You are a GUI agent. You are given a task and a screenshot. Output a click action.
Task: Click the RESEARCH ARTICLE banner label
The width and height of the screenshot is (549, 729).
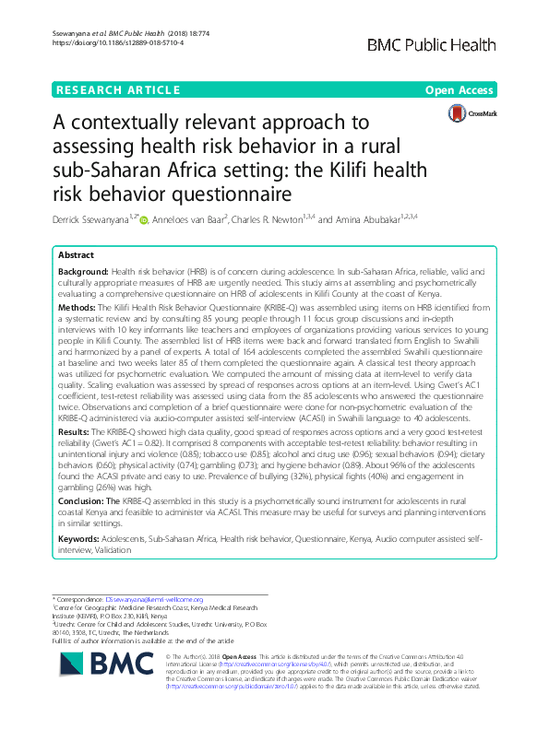[x=117, y=89]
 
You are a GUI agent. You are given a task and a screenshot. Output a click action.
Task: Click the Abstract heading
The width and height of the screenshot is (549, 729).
[x=78, y=255]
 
